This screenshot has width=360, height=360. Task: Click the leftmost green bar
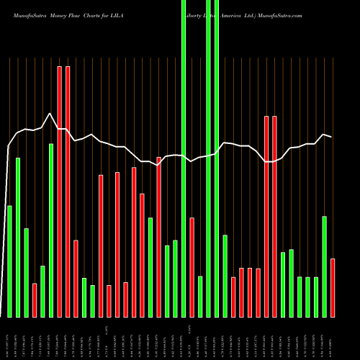pyautogui.click(x=9, y=261)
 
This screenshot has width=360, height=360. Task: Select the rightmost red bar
pyautogui.click(x=333, y=287)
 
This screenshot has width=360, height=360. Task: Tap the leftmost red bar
pyautogui.click(x=35, y=300)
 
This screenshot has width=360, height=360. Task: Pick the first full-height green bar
pyautogui.click(x=184, y=158)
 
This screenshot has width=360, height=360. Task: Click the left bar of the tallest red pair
pyautogui.click(x=60, y=191)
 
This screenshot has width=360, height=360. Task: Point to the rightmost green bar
pyautogui.click(x=325, y=266)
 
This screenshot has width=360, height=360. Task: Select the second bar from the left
pyautogui.click(x=18, y=237)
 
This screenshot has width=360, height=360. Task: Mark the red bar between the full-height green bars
pyautogui.click(x=192, y=266)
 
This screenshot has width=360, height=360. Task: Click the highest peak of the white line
pyautogui.click(x=50, y=114)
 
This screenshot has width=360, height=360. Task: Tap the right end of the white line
pyautogui.click(x=331, y=137)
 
